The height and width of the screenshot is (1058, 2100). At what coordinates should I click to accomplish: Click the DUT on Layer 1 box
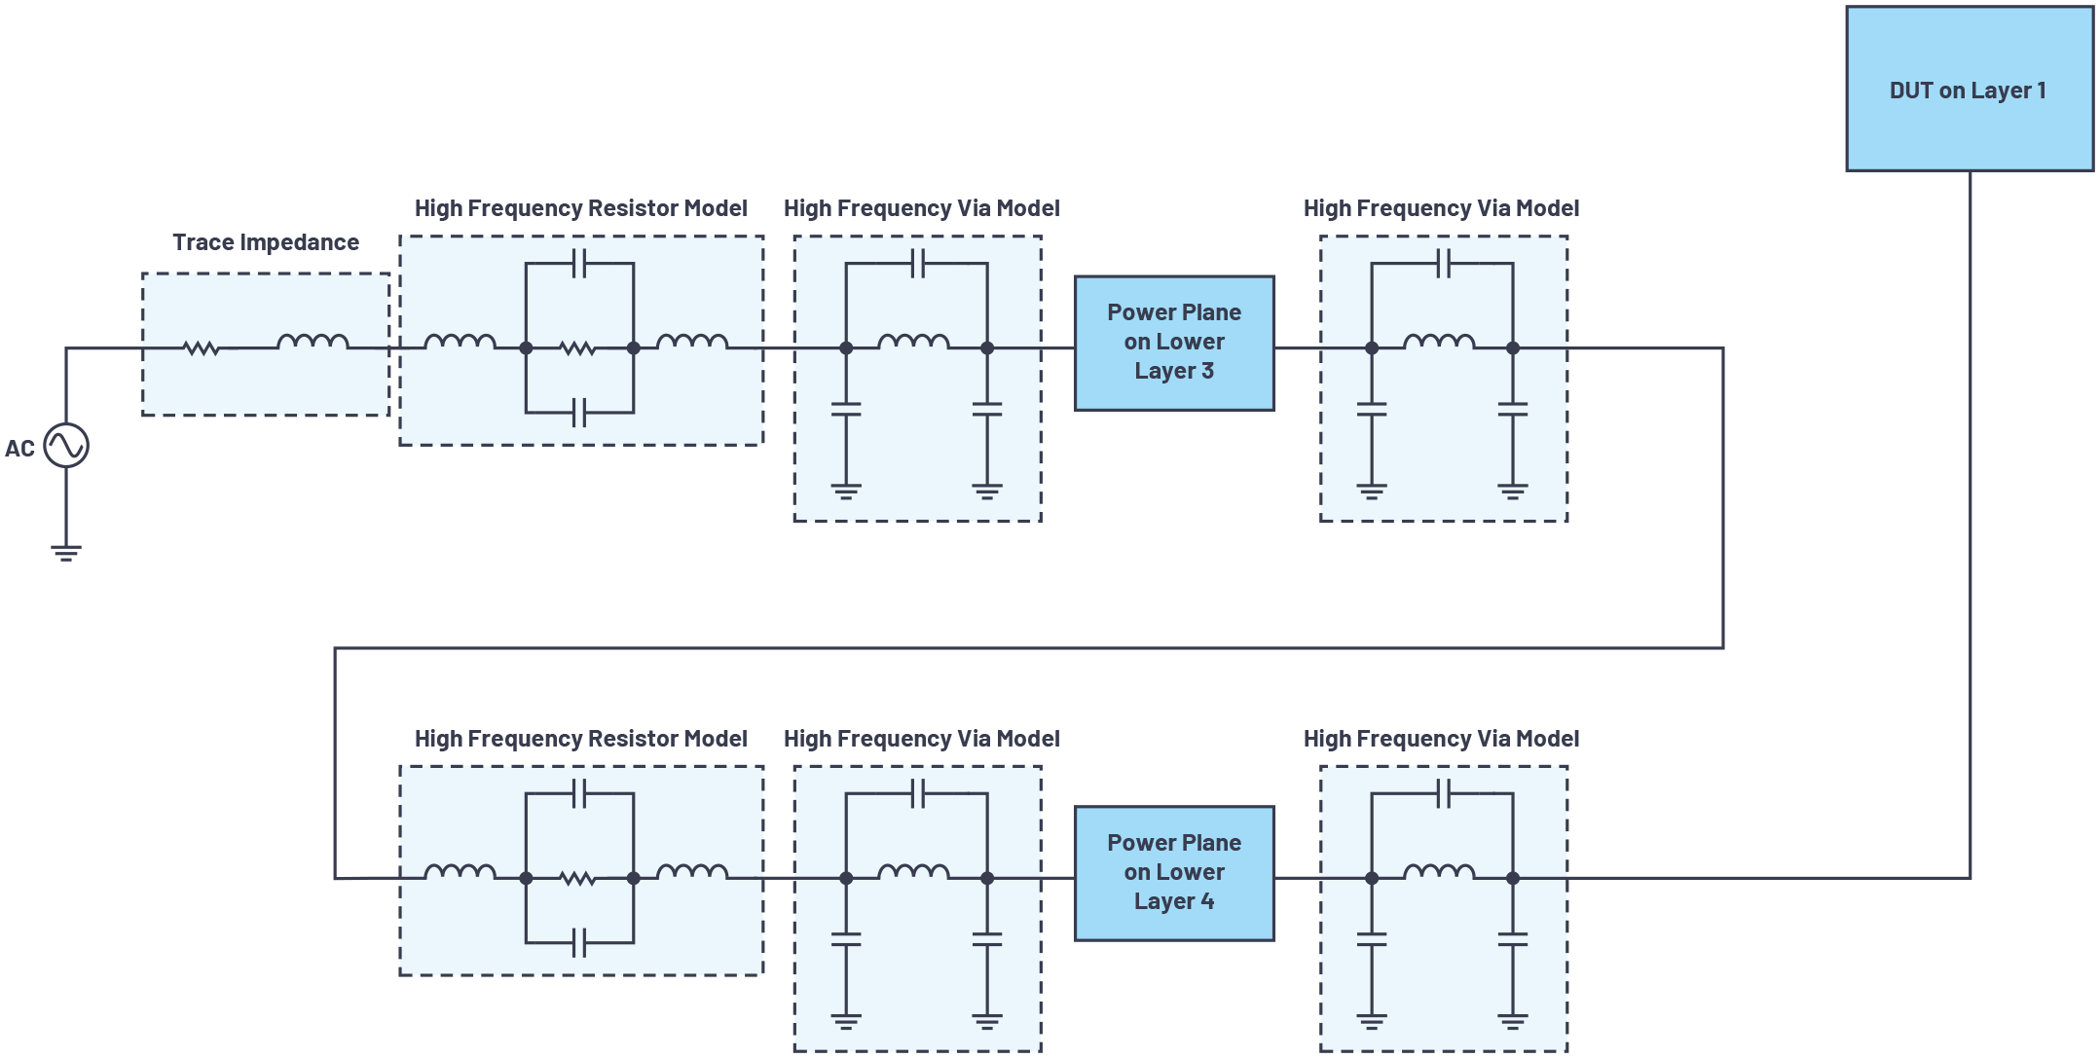(1969, 90)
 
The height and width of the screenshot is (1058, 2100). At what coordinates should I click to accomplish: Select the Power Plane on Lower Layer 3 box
(1173, 343)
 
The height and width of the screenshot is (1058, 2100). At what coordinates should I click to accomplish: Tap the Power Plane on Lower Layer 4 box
(1173, 873)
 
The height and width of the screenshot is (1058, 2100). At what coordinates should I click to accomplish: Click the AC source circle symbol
(66, 446)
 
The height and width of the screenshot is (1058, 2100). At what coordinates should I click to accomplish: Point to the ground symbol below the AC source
(66, 553)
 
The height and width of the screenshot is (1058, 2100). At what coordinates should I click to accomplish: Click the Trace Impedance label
(266, 242)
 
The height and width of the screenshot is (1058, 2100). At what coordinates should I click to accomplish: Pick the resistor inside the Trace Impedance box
(202, 347)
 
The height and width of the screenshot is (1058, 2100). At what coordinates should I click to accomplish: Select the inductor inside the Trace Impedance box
(313, 343)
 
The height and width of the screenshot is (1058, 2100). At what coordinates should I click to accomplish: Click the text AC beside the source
(19, 449)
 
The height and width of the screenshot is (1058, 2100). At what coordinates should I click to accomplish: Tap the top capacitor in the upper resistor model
(579, 263)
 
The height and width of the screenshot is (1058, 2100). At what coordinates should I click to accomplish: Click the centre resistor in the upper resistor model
(578, 347)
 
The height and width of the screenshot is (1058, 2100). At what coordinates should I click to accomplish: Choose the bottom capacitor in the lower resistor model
(579, 942)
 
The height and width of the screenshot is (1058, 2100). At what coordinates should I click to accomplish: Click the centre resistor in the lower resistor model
(578, 878)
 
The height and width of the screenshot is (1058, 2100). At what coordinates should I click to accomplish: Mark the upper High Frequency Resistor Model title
(580, 208)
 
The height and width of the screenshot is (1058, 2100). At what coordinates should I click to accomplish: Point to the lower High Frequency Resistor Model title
(580, 739)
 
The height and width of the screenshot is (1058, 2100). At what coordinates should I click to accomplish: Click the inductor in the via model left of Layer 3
(913, 343)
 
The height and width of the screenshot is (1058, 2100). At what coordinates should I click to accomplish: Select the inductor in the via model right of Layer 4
(1439, 873)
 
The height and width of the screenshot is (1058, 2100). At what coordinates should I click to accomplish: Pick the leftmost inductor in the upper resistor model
(461, 343)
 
